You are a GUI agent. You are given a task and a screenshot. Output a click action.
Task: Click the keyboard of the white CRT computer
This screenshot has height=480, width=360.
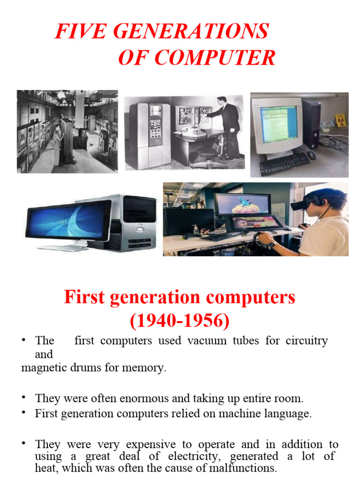pos(284,164)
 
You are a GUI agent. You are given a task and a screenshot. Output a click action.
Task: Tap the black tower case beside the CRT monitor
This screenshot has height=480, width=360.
pos(311,123)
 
